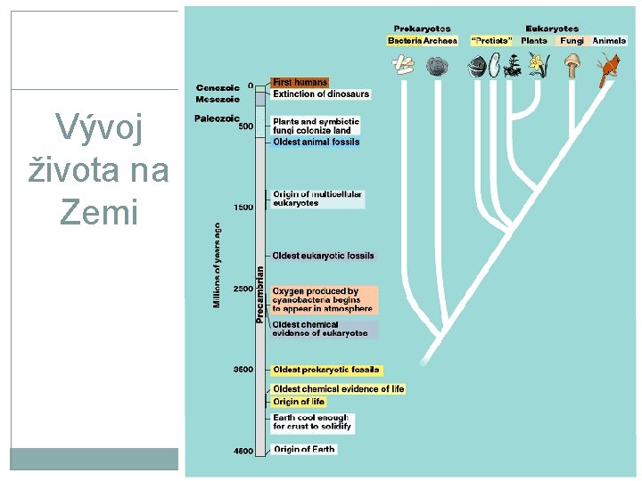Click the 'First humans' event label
300,83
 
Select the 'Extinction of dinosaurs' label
321,94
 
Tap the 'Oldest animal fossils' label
317,142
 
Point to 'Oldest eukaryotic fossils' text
324,257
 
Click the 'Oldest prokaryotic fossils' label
326,370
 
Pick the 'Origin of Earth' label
304,449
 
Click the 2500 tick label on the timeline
243,289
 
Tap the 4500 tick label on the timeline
243,452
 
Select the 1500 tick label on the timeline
243,207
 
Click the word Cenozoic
218,87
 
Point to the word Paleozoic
218,118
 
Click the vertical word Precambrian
260,294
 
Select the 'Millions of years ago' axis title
217,265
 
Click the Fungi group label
572,40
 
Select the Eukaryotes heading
552,29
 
